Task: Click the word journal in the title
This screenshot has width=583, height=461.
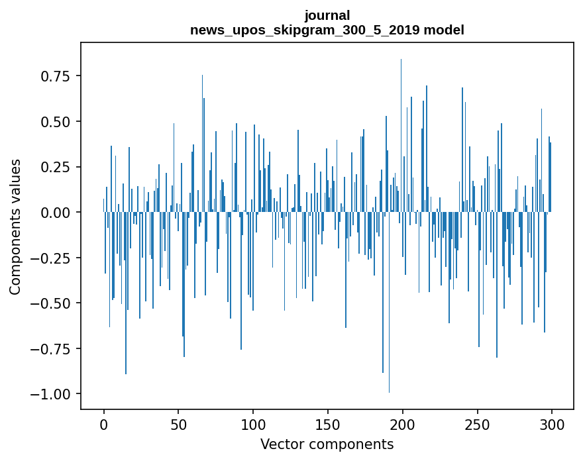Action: [327, 15]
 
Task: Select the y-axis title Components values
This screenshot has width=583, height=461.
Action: [15, 227]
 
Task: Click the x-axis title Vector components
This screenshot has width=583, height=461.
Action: [327, 444]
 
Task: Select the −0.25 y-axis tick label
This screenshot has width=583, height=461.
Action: [53, 258]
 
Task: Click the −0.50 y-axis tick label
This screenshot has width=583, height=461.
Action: [53, 303]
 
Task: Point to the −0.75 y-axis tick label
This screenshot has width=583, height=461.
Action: [53, 349]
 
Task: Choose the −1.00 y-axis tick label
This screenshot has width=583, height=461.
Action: [53, 394]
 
